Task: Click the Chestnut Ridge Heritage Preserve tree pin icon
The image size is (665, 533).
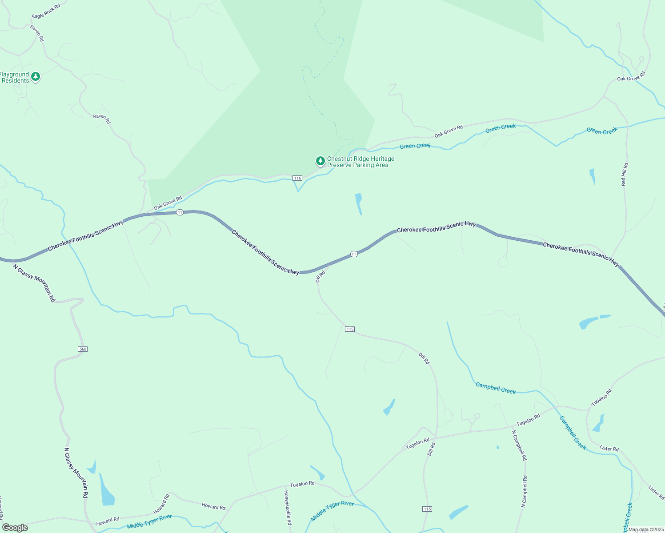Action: click(x=320, y=161)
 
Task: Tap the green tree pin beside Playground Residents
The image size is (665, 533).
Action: click(x=36, y=77)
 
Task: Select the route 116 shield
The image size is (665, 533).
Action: click(x=297, y=178)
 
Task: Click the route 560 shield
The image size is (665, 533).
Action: click(x=83, y=349)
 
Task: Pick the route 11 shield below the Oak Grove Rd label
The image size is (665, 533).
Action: click(x=180, y=212)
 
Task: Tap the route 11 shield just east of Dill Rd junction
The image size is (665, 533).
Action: click(x=354, y=254)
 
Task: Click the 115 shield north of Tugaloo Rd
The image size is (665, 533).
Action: click(x=350, y=329)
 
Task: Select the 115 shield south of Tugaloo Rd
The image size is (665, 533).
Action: click(x=427, y=509)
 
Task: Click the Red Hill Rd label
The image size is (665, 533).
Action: click(x=625, y=174)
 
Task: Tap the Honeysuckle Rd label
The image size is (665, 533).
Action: click(x=288, y=507)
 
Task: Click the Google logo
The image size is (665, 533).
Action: click(x=15, y=528)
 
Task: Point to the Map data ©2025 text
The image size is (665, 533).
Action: click(x=646, y=529)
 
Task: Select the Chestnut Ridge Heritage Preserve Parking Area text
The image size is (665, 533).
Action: click(x=361, y=162)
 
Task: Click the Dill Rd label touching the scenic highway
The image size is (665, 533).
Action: click(x=320, y=277)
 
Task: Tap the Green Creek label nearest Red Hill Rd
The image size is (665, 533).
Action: click(x=602, y=131)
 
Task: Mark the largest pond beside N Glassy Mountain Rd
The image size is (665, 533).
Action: click(x=107, y=491)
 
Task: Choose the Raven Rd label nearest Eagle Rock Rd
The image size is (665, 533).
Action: click(x=37, y=33)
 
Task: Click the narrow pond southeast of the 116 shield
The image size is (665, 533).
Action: click(x=358, y=204)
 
